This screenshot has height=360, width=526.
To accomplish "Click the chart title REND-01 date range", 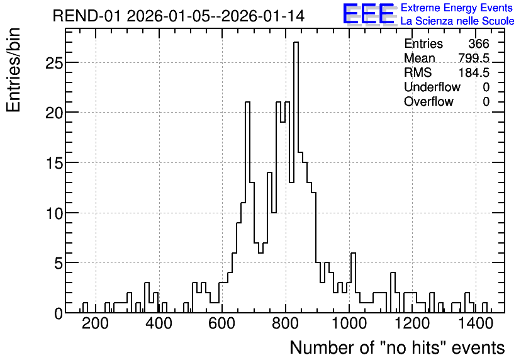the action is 179,16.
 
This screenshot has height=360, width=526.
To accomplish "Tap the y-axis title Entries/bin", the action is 13,70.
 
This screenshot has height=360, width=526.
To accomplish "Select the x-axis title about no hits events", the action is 397,347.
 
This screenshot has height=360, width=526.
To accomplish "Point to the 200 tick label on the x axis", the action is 96,323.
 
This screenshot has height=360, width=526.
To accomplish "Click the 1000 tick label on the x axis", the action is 349,323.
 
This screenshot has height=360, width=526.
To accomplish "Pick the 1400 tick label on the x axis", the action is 475,323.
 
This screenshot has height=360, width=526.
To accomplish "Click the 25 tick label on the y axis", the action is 54,63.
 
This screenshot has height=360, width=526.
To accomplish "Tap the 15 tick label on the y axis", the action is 54,163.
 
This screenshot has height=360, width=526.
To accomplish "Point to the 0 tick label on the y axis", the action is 59,313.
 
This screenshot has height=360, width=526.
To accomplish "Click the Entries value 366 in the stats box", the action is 479,43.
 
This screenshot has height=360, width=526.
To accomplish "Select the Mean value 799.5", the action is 474,58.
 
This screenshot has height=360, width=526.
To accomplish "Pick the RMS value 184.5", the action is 474,72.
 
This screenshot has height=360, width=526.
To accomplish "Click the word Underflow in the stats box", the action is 432,87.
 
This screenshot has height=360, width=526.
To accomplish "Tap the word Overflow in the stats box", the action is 428,101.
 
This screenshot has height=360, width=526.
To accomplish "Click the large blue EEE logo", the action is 369,14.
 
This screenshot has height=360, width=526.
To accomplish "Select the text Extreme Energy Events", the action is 457,8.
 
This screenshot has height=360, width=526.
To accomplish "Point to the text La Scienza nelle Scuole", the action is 457,21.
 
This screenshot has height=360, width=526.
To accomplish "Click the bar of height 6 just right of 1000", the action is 353,283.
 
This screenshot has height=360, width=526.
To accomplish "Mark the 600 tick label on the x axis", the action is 221,323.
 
